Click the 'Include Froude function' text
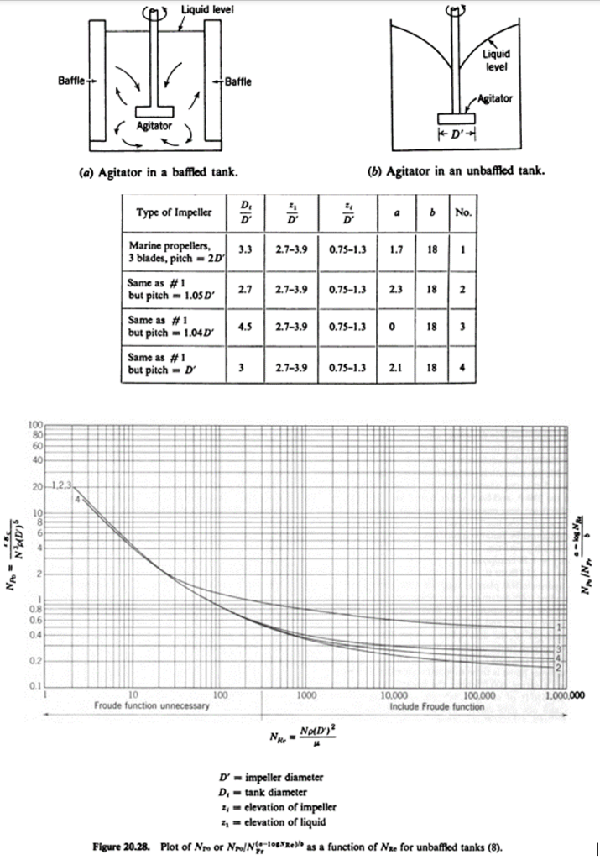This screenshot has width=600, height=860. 437,707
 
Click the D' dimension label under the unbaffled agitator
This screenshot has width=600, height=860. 458,134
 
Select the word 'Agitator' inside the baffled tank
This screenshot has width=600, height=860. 154,126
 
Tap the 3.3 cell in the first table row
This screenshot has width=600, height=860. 246,249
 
